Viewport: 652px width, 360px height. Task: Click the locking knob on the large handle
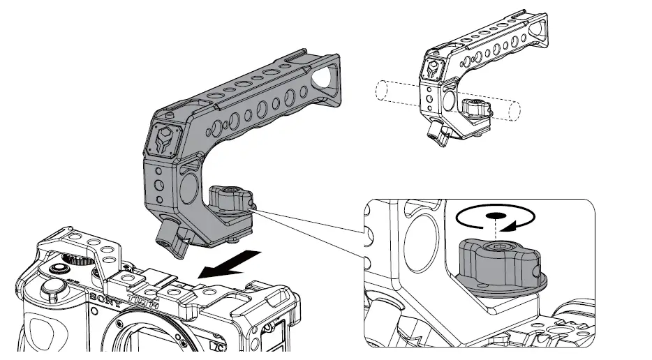pos(228,197)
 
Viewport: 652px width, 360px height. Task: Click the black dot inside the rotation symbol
pos(494,216)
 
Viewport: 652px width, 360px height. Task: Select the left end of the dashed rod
pos(381,90)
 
